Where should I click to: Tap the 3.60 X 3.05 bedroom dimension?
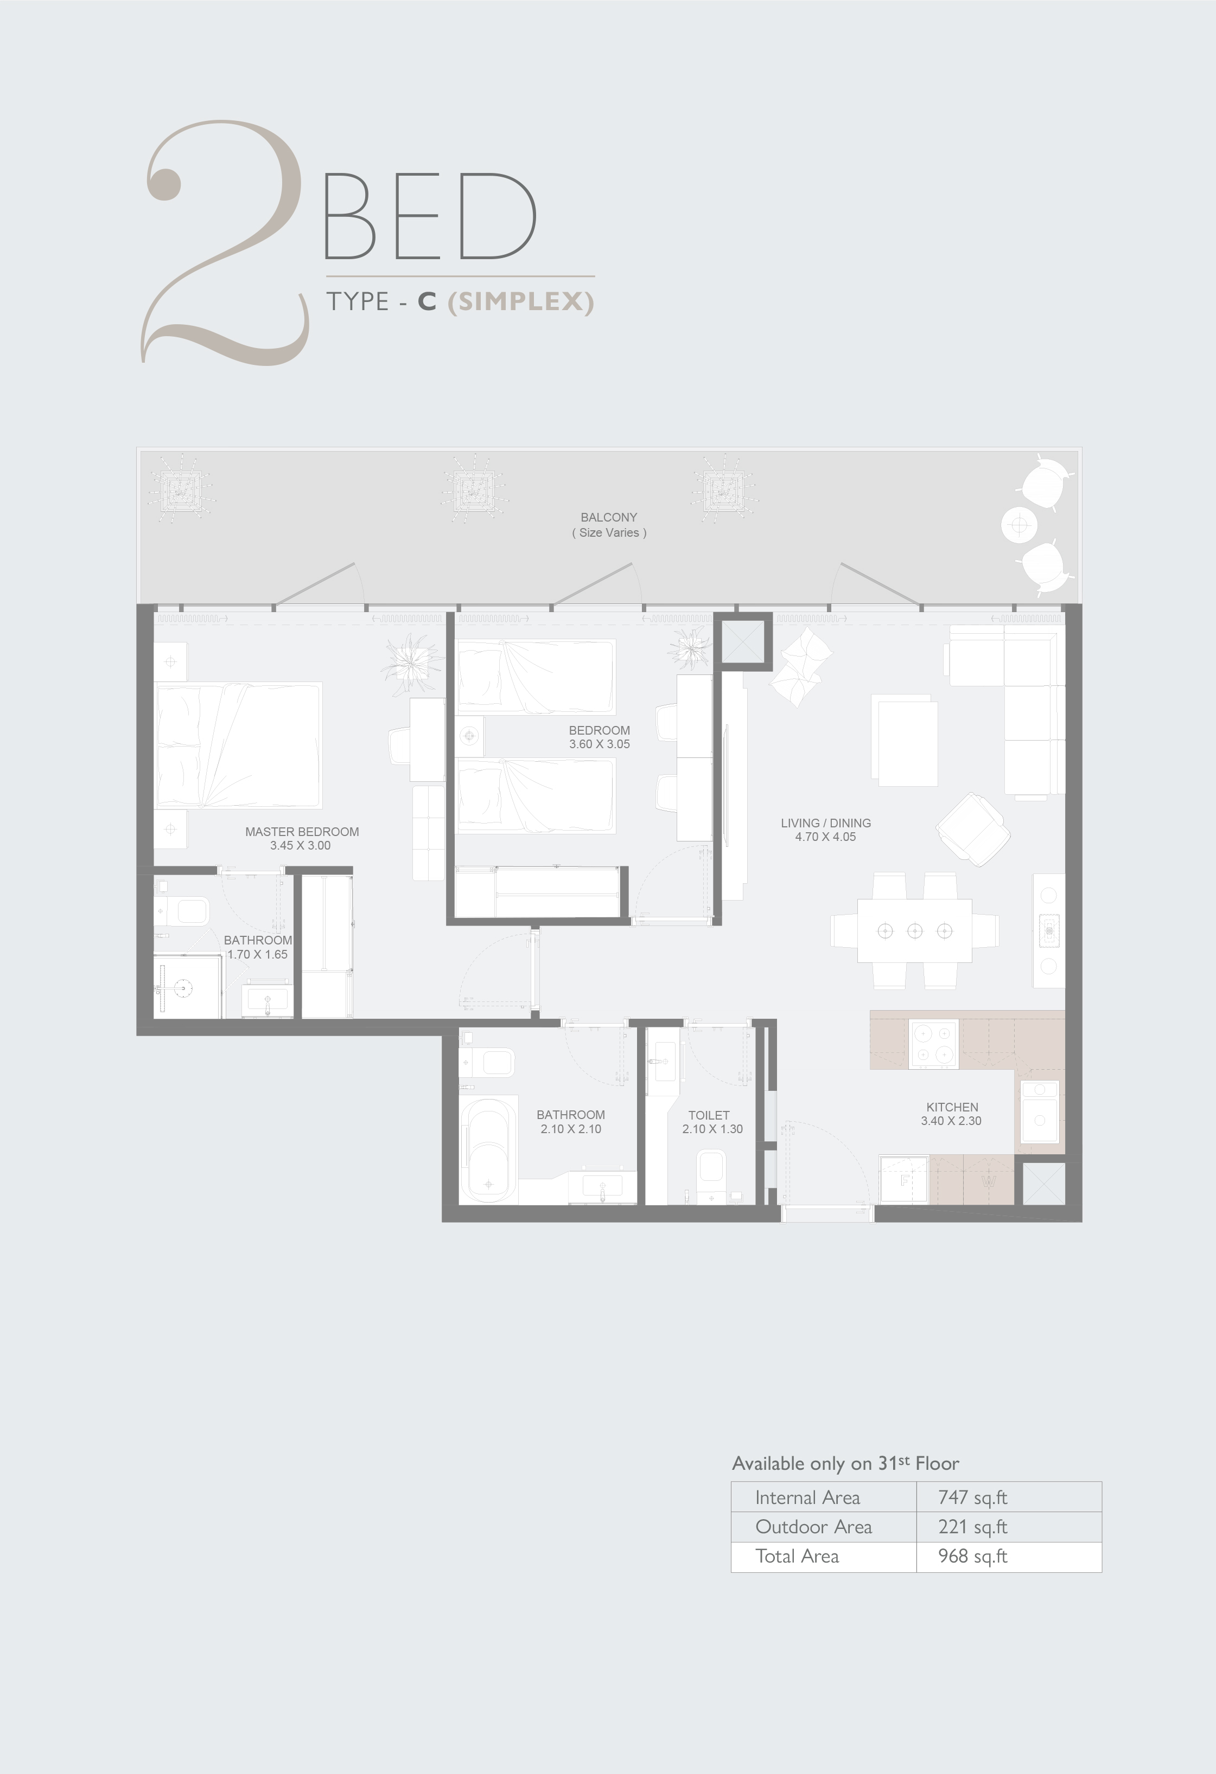[x=600, y=744]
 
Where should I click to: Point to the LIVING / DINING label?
[x=826, y=823]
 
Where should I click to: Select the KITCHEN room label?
[x=952, y=1107]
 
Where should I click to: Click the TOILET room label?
[x=709, y=1115]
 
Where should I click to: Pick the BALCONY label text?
[x=609, y=517]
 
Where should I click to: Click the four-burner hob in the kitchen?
[x=933, y=1044]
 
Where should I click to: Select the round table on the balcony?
[x=1019, y=525]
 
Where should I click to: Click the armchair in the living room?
[x=973, y=829]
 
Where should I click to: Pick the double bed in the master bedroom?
[x=238, y=745]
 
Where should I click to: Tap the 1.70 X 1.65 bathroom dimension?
[x=257, y=954]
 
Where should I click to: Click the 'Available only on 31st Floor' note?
[x=845, y=1463]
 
